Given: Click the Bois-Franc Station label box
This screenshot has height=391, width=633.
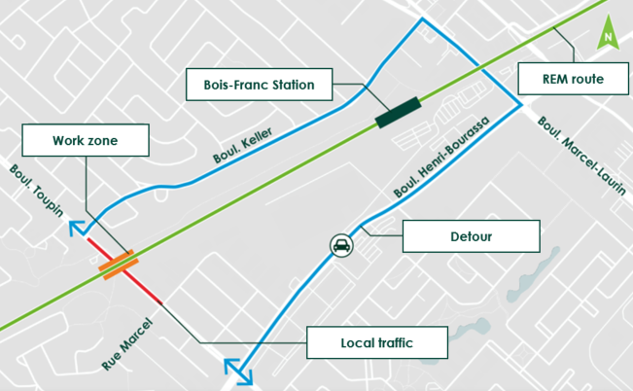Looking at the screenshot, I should pos(259,85).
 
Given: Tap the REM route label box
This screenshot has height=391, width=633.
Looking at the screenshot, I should pos(574,79).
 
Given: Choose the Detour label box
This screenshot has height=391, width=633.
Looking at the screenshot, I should pos(471,235).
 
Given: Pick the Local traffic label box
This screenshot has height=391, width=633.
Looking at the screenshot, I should pos(377,341).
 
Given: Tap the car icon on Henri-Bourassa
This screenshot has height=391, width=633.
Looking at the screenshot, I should pos(341,245).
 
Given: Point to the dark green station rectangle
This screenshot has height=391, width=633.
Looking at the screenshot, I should pos(398,111).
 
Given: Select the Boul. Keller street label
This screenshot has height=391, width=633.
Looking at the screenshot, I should pos(242,145).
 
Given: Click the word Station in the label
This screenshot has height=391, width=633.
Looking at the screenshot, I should pos(290,85).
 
